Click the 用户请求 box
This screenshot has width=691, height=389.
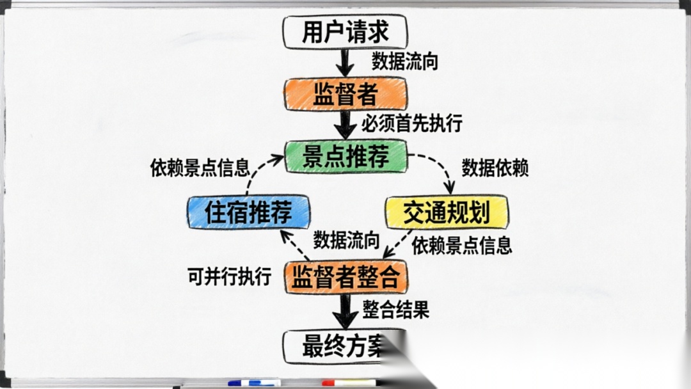[x=345, y=33]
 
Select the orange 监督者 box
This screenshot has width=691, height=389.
[x=345, y=95]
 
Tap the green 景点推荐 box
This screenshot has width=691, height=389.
[x=346, y=156]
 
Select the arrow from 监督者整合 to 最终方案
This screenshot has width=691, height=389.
[x=346, y=312]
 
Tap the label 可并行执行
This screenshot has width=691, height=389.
[x=229, y=276]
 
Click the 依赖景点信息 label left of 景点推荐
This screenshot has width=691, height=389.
[x=200, y=168]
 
